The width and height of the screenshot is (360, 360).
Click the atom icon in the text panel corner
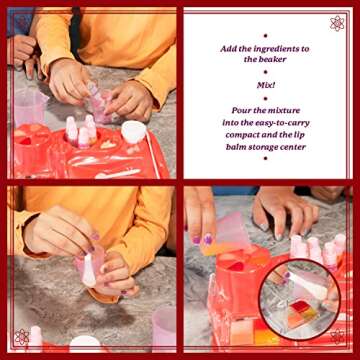coord(337,22)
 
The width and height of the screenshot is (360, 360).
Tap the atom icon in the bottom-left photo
coord(22,337)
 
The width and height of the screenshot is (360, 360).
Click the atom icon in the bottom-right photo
coord(337,337)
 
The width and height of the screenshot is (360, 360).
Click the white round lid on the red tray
coord(134,131)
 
